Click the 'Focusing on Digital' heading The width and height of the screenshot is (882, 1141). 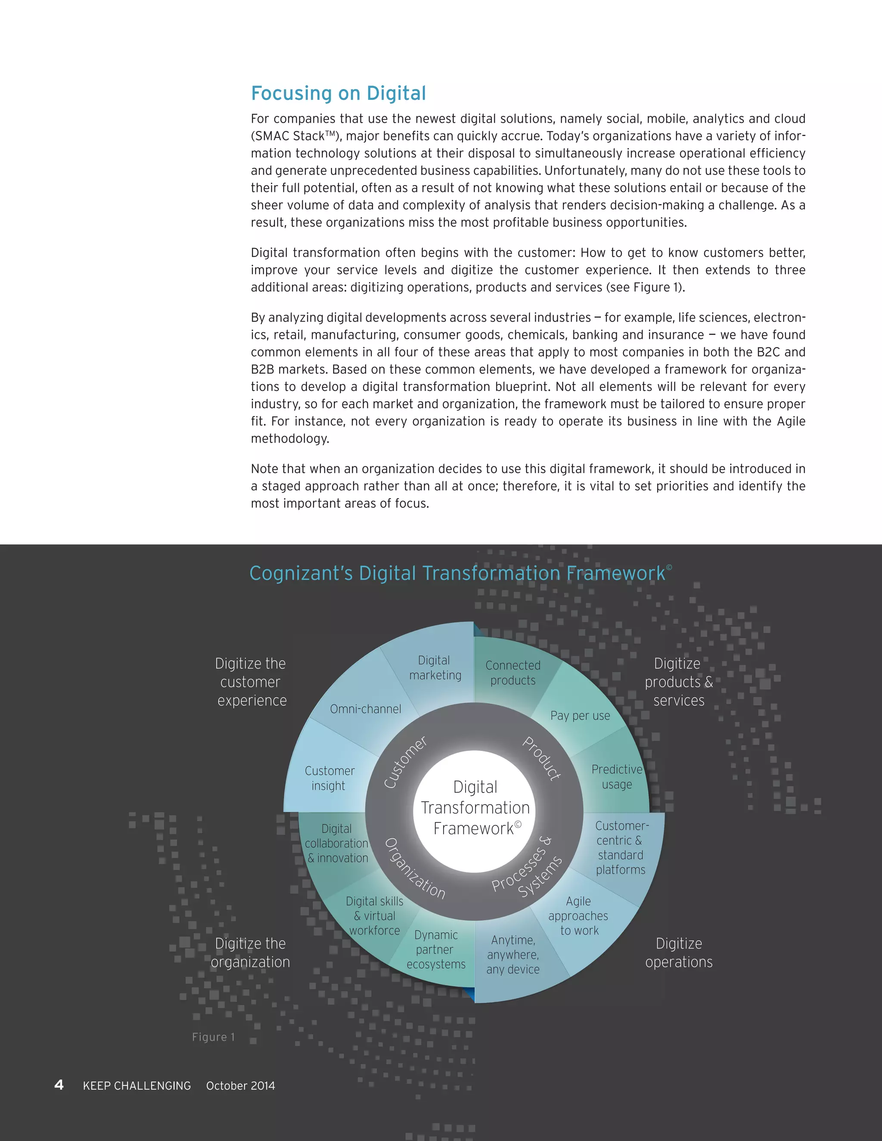338,93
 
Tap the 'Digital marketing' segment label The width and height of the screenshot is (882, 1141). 435,668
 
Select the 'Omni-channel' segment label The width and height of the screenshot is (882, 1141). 365,709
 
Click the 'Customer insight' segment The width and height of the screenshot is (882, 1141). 329,778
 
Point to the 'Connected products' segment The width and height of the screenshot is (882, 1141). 512,673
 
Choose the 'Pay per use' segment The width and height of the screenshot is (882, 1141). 580,715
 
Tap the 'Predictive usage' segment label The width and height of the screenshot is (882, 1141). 617,777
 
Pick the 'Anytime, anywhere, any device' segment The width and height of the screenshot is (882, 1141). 512,955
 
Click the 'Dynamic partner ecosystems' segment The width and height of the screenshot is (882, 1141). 436,949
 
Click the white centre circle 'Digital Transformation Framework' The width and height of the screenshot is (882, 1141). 475,808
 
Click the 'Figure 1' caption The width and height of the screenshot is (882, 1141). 213,1037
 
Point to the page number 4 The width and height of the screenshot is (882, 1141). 59,1085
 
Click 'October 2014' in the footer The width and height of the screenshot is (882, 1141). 240,1085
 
